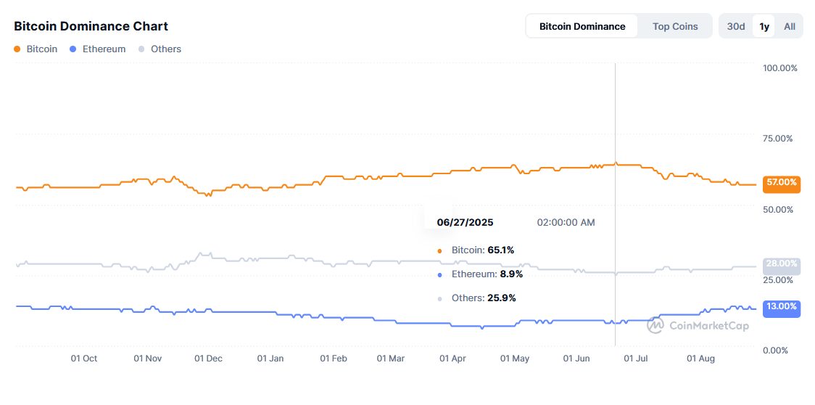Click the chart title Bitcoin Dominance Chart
tap(91, 26)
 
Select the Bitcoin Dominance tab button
tap(582, 26)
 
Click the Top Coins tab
tap(675, 26)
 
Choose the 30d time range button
tap(736, 26)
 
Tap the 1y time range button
tap(764, 26)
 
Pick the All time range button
tap(789, 26)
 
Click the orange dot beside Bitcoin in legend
tap(17, 49)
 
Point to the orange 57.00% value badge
tap(782, 183)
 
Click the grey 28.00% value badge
tap(782, 264)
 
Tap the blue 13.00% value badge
tap(782, 307)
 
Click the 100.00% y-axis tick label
tap(780, 68)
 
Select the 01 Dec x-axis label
tap(209, 359)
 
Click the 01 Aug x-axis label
tap(700, 359)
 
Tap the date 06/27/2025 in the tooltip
tap(465, 222)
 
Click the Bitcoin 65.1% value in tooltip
tap(500, 250)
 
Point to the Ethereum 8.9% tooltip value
tap(510, 274)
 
